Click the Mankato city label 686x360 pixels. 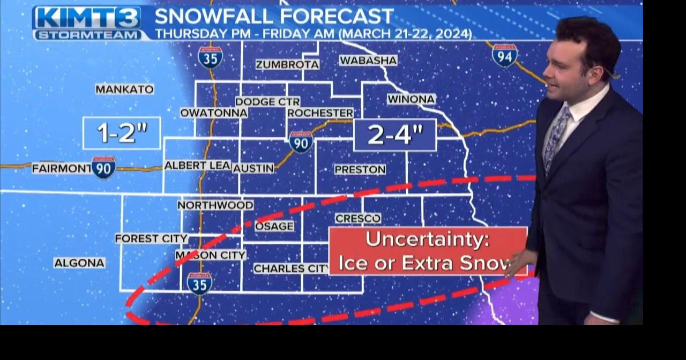click(124, 89)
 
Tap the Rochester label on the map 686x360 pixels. click(320, 113)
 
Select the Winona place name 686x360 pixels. click(411, 99)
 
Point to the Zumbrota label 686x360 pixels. click(287, 65)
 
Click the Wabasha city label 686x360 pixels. click(368, 61)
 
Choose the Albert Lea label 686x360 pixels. click(197, 166)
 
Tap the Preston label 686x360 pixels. click(360, 170)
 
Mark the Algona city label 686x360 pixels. click(79, 263)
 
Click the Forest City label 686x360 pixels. click(151, 238)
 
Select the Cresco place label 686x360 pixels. click(358, 219)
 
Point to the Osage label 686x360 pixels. click(274, 227)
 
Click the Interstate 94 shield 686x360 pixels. click(504, 55)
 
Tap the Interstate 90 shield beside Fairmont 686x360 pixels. click(103, 168)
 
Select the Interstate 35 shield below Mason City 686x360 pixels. click(199, 283)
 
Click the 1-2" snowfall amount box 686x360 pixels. click(122, 133)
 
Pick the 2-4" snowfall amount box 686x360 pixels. click(395, 135)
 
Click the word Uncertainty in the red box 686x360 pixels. click(427, 239)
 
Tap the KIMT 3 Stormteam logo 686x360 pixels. click(87, 23)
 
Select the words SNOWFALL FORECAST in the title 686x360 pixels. click(274, 17)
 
